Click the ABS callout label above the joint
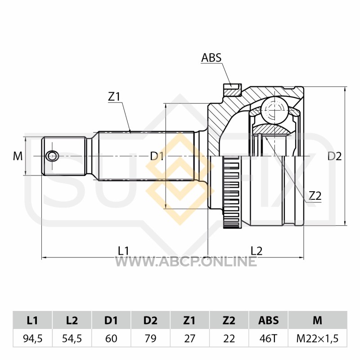(211, 58)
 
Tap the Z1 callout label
(114, 97)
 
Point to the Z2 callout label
(315, 196)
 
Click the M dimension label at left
(18, 156)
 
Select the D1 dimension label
(157, 156)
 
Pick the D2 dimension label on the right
(334, 156)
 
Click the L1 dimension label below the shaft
(123, 251)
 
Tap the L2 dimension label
(256, 251)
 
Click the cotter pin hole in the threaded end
(52, 156)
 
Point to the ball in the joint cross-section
(274, 110)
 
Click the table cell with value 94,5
(33, 338)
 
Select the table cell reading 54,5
(72, 338)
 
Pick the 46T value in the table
(268, 338)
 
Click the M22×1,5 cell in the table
(318, 338)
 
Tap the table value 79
(151, 338)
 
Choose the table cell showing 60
(111, 338)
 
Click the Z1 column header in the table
(189, 320)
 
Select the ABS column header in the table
(268, 320)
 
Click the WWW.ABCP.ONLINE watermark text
(186, 261)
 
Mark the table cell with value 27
(189, 338)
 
